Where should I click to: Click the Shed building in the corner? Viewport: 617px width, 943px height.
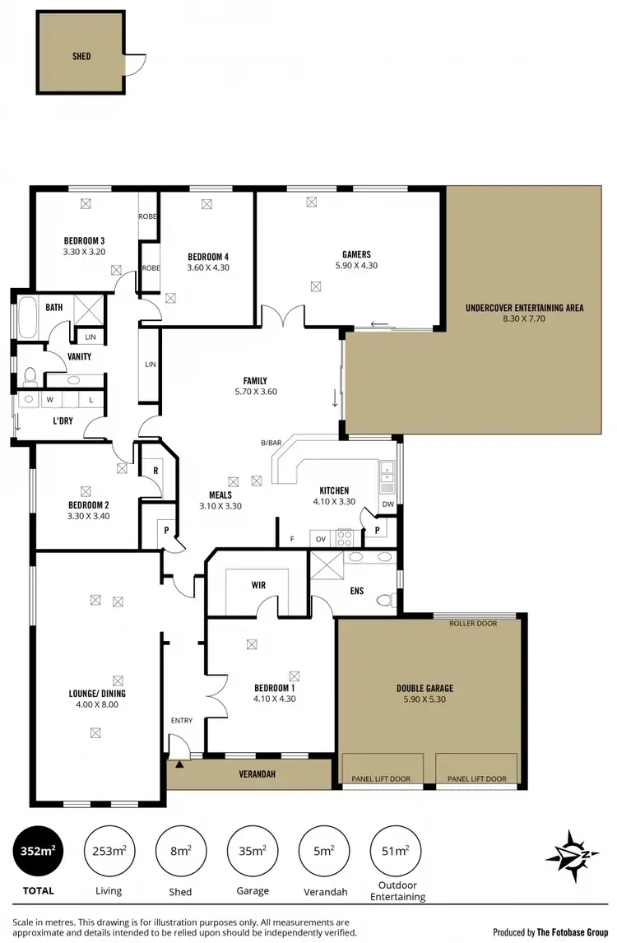[x=80, y=56]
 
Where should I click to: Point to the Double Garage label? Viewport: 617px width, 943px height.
[x=424, y=688]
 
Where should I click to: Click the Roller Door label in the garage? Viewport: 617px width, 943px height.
[x=473, y=624]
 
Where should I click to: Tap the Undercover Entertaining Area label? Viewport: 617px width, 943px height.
[x=524, y=308]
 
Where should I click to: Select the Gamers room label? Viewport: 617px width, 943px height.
[x=356, y=254]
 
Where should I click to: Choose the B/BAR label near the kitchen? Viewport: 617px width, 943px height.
[x=271, y=444]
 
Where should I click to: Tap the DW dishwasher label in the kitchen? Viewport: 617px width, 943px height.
[x=387, y=504]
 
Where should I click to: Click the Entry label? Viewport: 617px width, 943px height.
[x=181, y=721]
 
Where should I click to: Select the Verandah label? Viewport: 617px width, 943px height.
[x=256, y=774]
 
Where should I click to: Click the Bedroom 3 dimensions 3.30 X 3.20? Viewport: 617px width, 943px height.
[x=84, y=252]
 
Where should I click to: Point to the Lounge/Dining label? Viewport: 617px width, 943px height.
[x=97, y=693]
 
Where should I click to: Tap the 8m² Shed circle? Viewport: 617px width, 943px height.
[x=180, y=851]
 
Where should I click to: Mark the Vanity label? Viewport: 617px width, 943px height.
[x=79, y=356]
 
